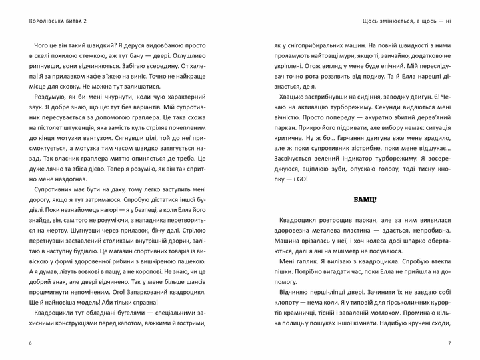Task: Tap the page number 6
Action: (x=31, y=343)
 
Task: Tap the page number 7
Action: (x=449, y=343)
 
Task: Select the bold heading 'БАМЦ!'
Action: (x=365, y=199)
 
